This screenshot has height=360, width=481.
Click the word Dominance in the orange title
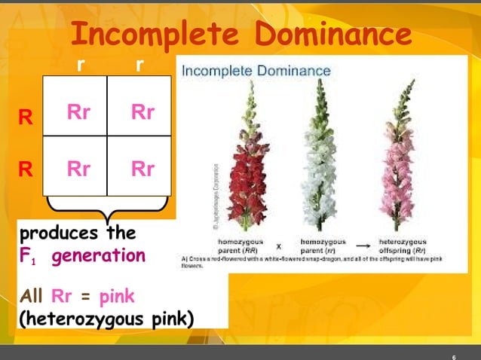pyautogui.click(x=332, y=35)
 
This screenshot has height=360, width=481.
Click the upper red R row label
pyautogui.click(x=26, y=117)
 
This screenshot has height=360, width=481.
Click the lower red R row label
pyautogui.click(x=26, y=169)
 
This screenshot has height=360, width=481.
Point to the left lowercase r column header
pyautogui.click(x=81, y=66)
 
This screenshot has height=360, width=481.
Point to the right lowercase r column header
pyautogui.click(x=139, y=66)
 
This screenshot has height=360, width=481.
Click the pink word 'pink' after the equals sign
pyautogui.click(x=117, y=296)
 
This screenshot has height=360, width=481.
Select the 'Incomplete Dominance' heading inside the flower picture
pyautogui.click(x=256, y=71)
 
